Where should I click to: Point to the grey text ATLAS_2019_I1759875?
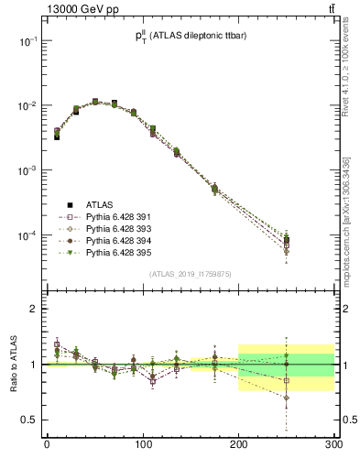pos(191,273)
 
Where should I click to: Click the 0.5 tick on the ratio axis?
pos(28,420)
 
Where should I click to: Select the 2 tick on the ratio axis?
pos(32,309)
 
